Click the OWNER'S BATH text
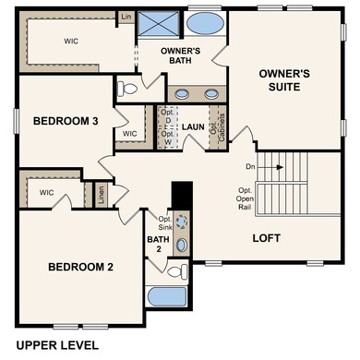[181, 56]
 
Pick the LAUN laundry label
[192, 127]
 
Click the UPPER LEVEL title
[56, 345]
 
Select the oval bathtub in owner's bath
[204, 23]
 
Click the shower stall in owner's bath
[159, 23]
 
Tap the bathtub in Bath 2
[167, 298]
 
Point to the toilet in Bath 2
[177, 270]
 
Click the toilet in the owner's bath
[128, 90]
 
